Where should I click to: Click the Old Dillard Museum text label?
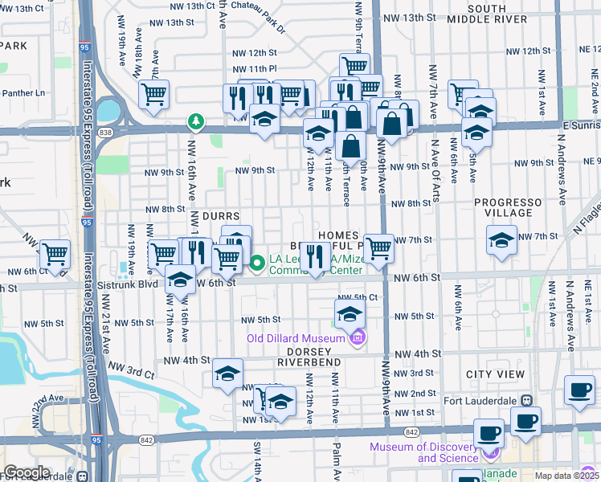(296, 339)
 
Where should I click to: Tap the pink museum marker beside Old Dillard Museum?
(358, 339)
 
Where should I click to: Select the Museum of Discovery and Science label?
(423, 452)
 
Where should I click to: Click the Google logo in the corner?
(27, 472)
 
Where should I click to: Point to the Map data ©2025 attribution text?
(568, 476)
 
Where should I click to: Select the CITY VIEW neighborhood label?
(495, 375)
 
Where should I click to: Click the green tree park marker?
(194, 121)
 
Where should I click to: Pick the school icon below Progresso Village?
(501, 240)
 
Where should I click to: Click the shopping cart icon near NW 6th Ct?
(55, 255)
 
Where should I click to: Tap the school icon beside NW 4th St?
(228, 374)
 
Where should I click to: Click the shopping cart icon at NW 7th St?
(378, 248)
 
